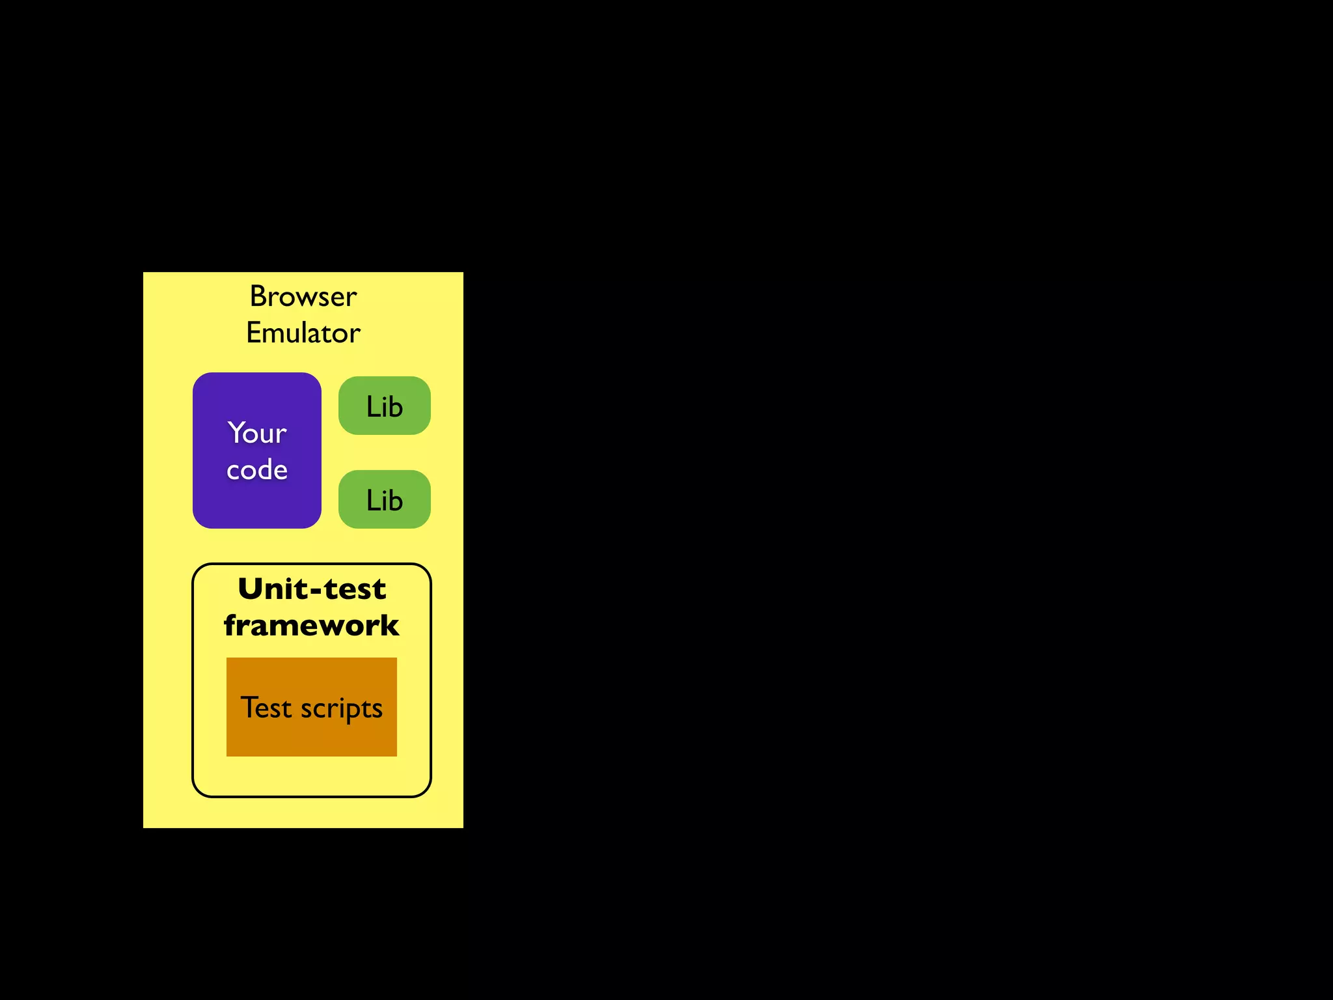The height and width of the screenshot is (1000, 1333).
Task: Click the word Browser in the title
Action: (x=303, y=297)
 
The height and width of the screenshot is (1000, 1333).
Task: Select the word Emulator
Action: (x=303, y=333)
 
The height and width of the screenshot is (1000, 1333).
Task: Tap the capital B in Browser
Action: (x=258, y=297)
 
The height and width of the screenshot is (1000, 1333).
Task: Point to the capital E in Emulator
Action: (x=253, y=333)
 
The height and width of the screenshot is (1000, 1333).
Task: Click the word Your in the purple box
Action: (x=257, y=434)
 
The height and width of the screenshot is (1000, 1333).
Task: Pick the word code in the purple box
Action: (x=257, y=470)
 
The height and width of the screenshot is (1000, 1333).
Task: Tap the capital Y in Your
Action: (x=236, y=432)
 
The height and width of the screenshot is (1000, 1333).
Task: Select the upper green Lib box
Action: (x=385, y=406)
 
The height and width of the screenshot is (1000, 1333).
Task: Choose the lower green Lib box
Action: (x=385, y=499)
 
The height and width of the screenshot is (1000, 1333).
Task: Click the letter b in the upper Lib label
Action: (x=395, y=407)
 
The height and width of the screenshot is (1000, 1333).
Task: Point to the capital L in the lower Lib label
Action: (x=372, y=501)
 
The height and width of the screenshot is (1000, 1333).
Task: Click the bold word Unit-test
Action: (x=312, y=589)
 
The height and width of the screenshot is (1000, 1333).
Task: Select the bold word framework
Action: (x=311, y=626)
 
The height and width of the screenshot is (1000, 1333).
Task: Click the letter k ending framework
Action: (x=389, y=626)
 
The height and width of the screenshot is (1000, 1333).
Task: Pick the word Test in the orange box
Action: (x=266, y=708)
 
